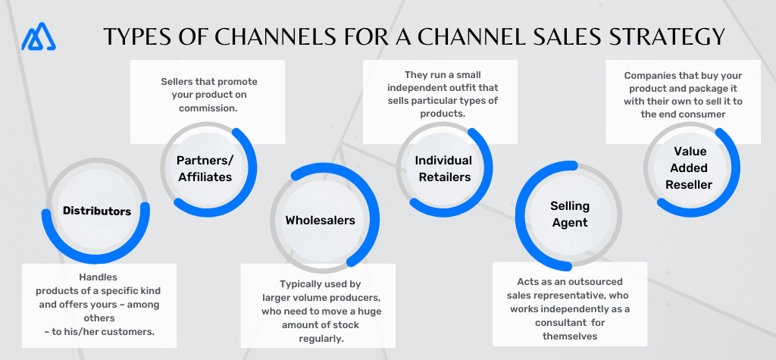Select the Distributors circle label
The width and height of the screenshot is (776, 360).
pos(97,211)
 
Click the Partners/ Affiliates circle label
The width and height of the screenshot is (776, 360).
pos(204,168)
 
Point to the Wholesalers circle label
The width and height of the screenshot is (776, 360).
pos(320,221)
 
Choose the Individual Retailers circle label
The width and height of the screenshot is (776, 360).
pos(443,168)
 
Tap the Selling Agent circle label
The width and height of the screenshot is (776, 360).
pos(569,214)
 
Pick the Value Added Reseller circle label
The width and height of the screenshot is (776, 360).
pos(689,167)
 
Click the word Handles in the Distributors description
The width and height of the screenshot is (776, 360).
pos(99,277)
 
